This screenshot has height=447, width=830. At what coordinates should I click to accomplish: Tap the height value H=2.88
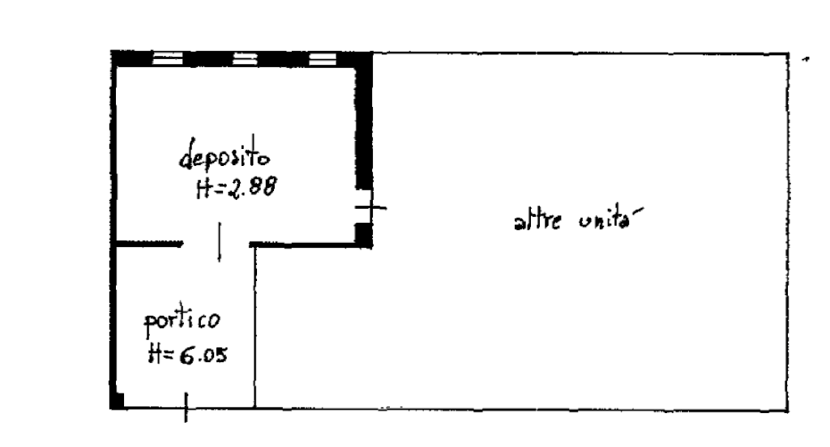tap(236, 187)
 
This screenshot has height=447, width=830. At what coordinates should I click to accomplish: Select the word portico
tap(182, 321)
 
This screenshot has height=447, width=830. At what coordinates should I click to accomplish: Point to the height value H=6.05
tap(188, 354)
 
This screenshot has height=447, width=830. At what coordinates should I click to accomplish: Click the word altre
tap(537, 220)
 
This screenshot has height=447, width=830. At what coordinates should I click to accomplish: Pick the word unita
tap(610, 219)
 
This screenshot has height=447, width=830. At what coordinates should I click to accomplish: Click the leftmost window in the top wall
tap(167, 58)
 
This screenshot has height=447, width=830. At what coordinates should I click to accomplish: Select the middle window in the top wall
tap(245, 58)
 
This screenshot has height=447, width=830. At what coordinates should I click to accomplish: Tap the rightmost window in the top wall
tap(323, 58)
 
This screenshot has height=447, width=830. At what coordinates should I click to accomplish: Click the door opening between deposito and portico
tap(216, 244)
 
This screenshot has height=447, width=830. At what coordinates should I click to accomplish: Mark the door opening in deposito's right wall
tap(364, 207)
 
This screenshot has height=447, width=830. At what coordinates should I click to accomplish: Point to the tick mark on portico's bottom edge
tap(186, 407)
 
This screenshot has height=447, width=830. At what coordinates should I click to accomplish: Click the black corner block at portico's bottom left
tap(117, 401)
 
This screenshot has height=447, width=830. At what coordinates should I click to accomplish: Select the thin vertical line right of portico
tap(255, 327)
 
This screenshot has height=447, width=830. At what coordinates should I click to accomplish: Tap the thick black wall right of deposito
tap(364, 121)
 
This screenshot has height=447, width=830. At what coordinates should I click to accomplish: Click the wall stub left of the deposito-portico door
tap(149, 244)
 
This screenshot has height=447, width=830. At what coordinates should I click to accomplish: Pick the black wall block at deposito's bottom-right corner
tap(364, 236)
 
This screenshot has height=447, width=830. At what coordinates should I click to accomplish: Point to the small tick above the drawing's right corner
tap(806, 60)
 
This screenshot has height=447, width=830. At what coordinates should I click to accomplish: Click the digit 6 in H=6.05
tap(187, 355)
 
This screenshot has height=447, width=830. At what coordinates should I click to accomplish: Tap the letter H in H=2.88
tap(203, 189)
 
